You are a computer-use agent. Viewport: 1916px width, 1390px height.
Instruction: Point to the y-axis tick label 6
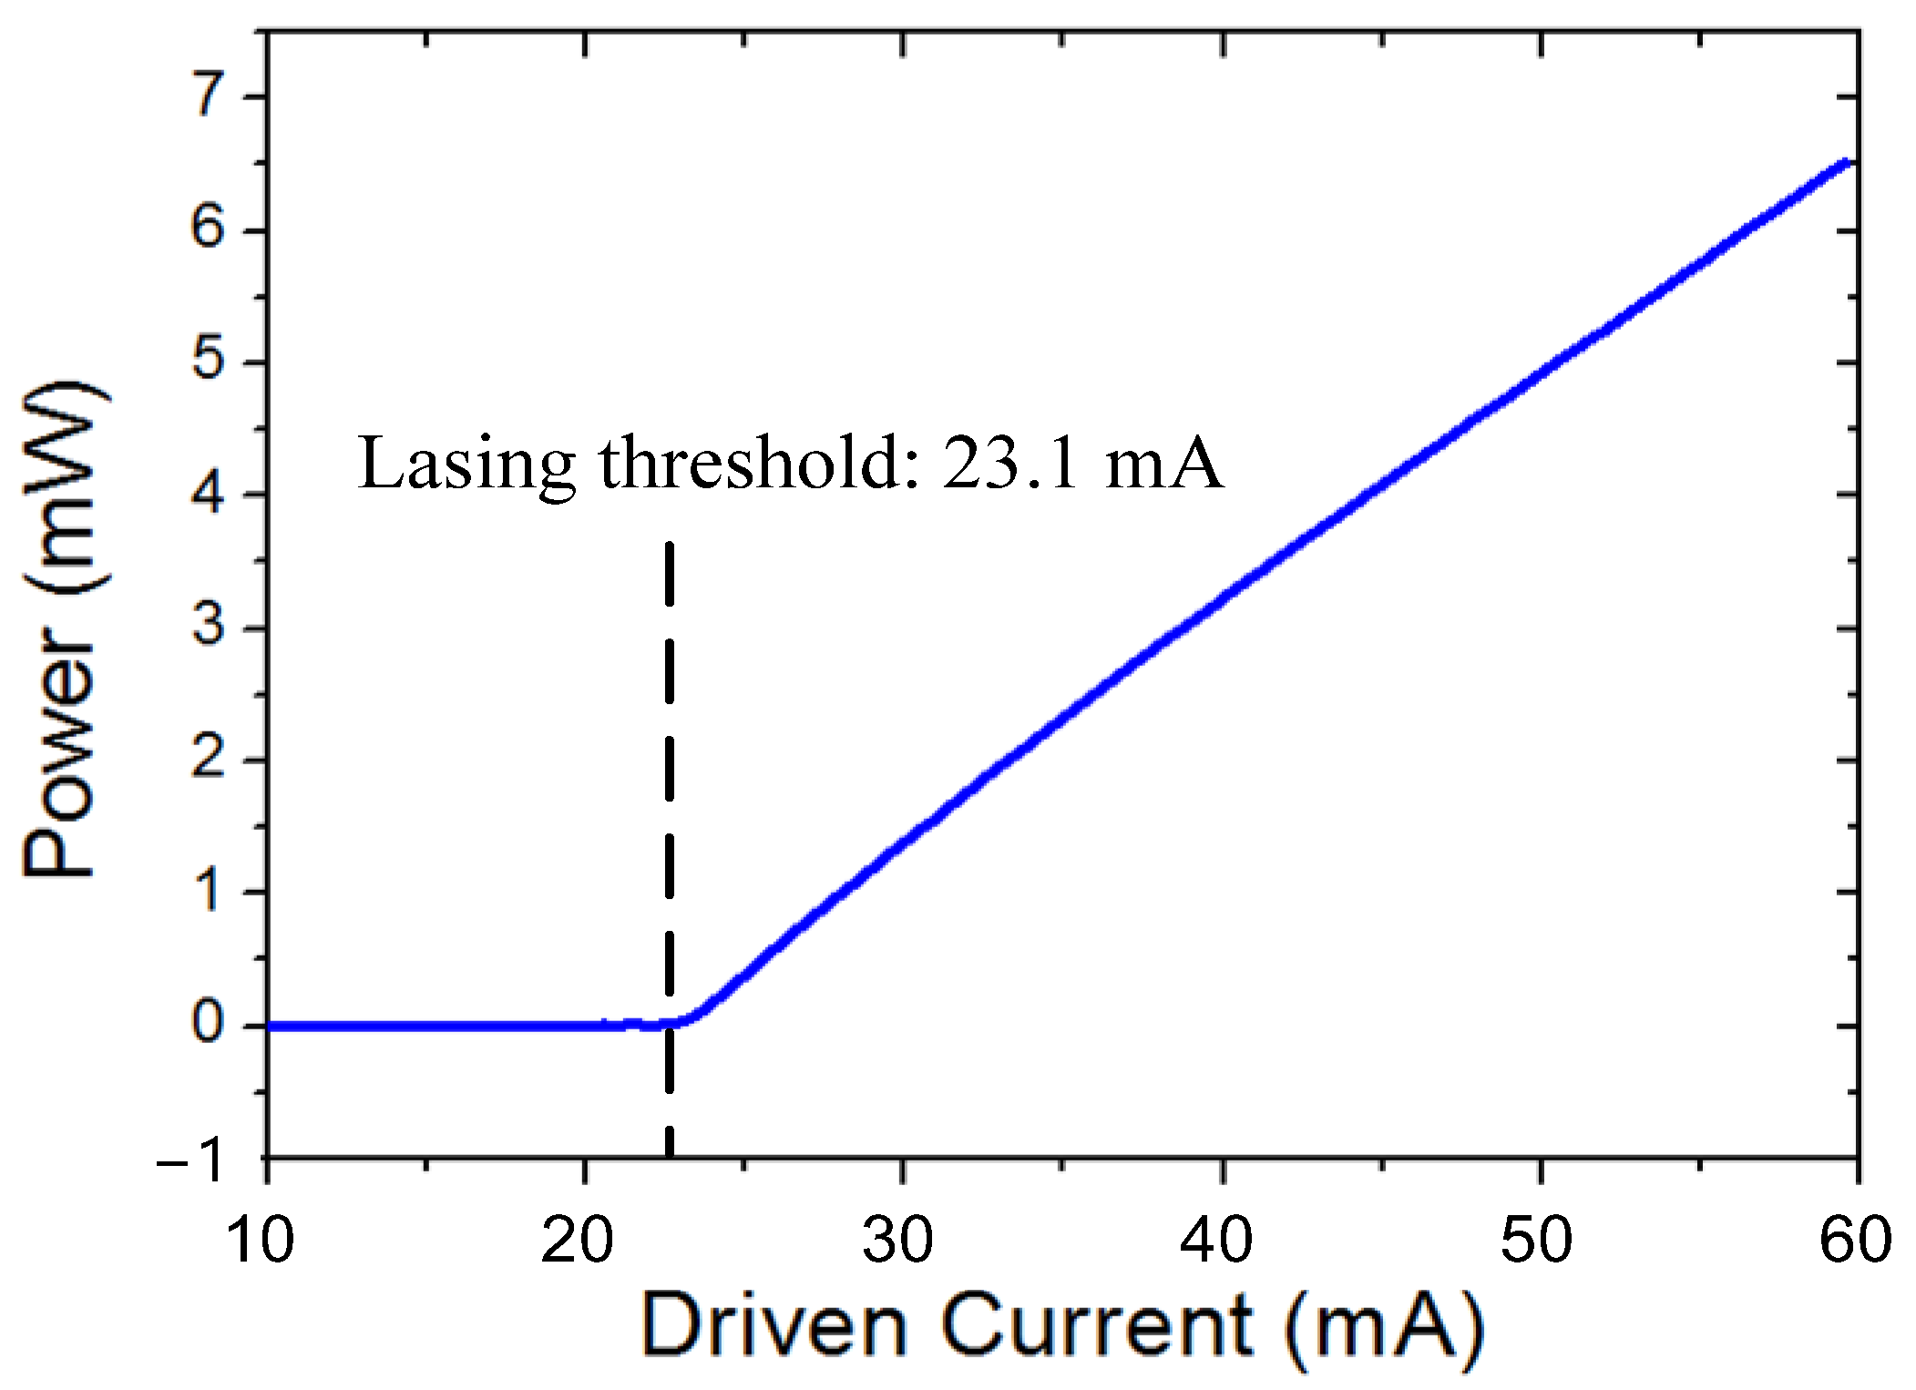(209, 228)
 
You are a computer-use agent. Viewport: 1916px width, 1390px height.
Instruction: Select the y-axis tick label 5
(209, 361)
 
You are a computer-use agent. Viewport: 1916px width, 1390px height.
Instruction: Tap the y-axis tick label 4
(209, 494)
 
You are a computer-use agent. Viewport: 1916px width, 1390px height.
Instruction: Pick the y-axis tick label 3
(209, 627)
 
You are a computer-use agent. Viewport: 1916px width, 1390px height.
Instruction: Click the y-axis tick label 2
(209, 759)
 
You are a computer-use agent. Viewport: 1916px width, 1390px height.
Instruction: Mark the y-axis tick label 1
(210, 891)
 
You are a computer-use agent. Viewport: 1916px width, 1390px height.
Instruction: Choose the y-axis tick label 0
(209, 1024)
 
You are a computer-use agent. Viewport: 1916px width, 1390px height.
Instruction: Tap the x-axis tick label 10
(261, 1241)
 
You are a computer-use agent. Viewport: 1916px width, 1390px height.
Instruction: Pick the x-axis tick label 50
(1536, 1241)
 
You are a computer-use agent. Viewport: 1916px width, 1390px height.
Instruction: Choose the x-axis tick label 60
(1855, 1241)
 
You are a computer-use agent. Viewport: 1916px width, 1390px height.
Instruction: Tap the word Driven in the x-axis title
(774, 1326)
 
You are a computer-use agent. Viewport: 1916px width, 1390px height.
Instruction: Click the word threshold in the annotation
(752, 462)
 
